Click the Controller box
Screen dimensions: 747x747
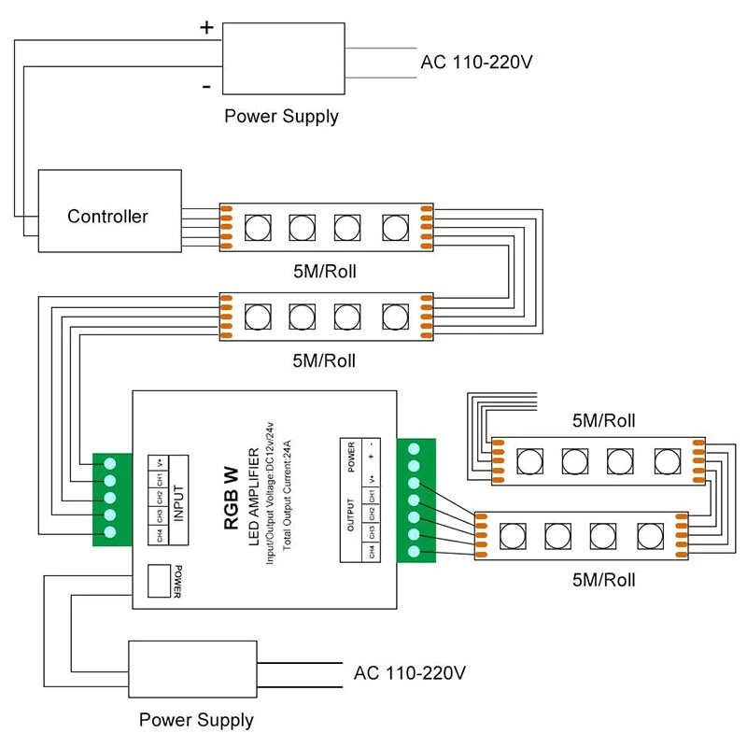pos(108,210)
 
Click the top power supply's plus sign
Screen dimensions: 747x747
pos(206,28)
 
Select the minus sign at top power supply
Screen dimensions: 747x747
pos(205,86)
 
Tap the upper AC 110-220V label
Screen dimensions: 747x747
pos(476,63)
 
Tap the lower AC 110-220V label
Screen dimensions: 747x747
pos(410,672)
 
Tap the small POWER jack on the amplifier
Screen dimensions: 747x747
pos(160,581)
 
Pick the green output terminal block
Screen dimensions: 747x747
pos(416,500)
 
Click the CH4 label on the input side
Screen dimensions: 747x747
pos(160,536)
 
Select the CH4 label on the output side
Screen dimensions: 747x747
pos(371,551)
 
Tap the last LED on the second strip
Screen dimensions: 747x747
pos(393,316)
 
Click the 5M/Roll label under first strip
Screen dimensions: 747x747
pos(324,272)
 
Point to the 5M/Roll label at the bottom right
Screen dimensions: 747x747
pos(603,579)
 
